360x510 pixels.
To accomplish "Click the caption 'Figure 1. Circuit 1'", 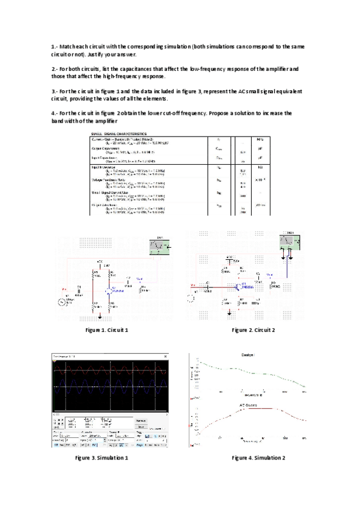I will coord(107,330).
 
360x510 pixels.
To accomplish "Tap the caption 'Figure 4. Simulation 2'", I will coord(258,458).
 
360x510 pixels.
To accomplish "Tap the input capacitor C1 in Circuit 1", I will coord(79,287).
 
